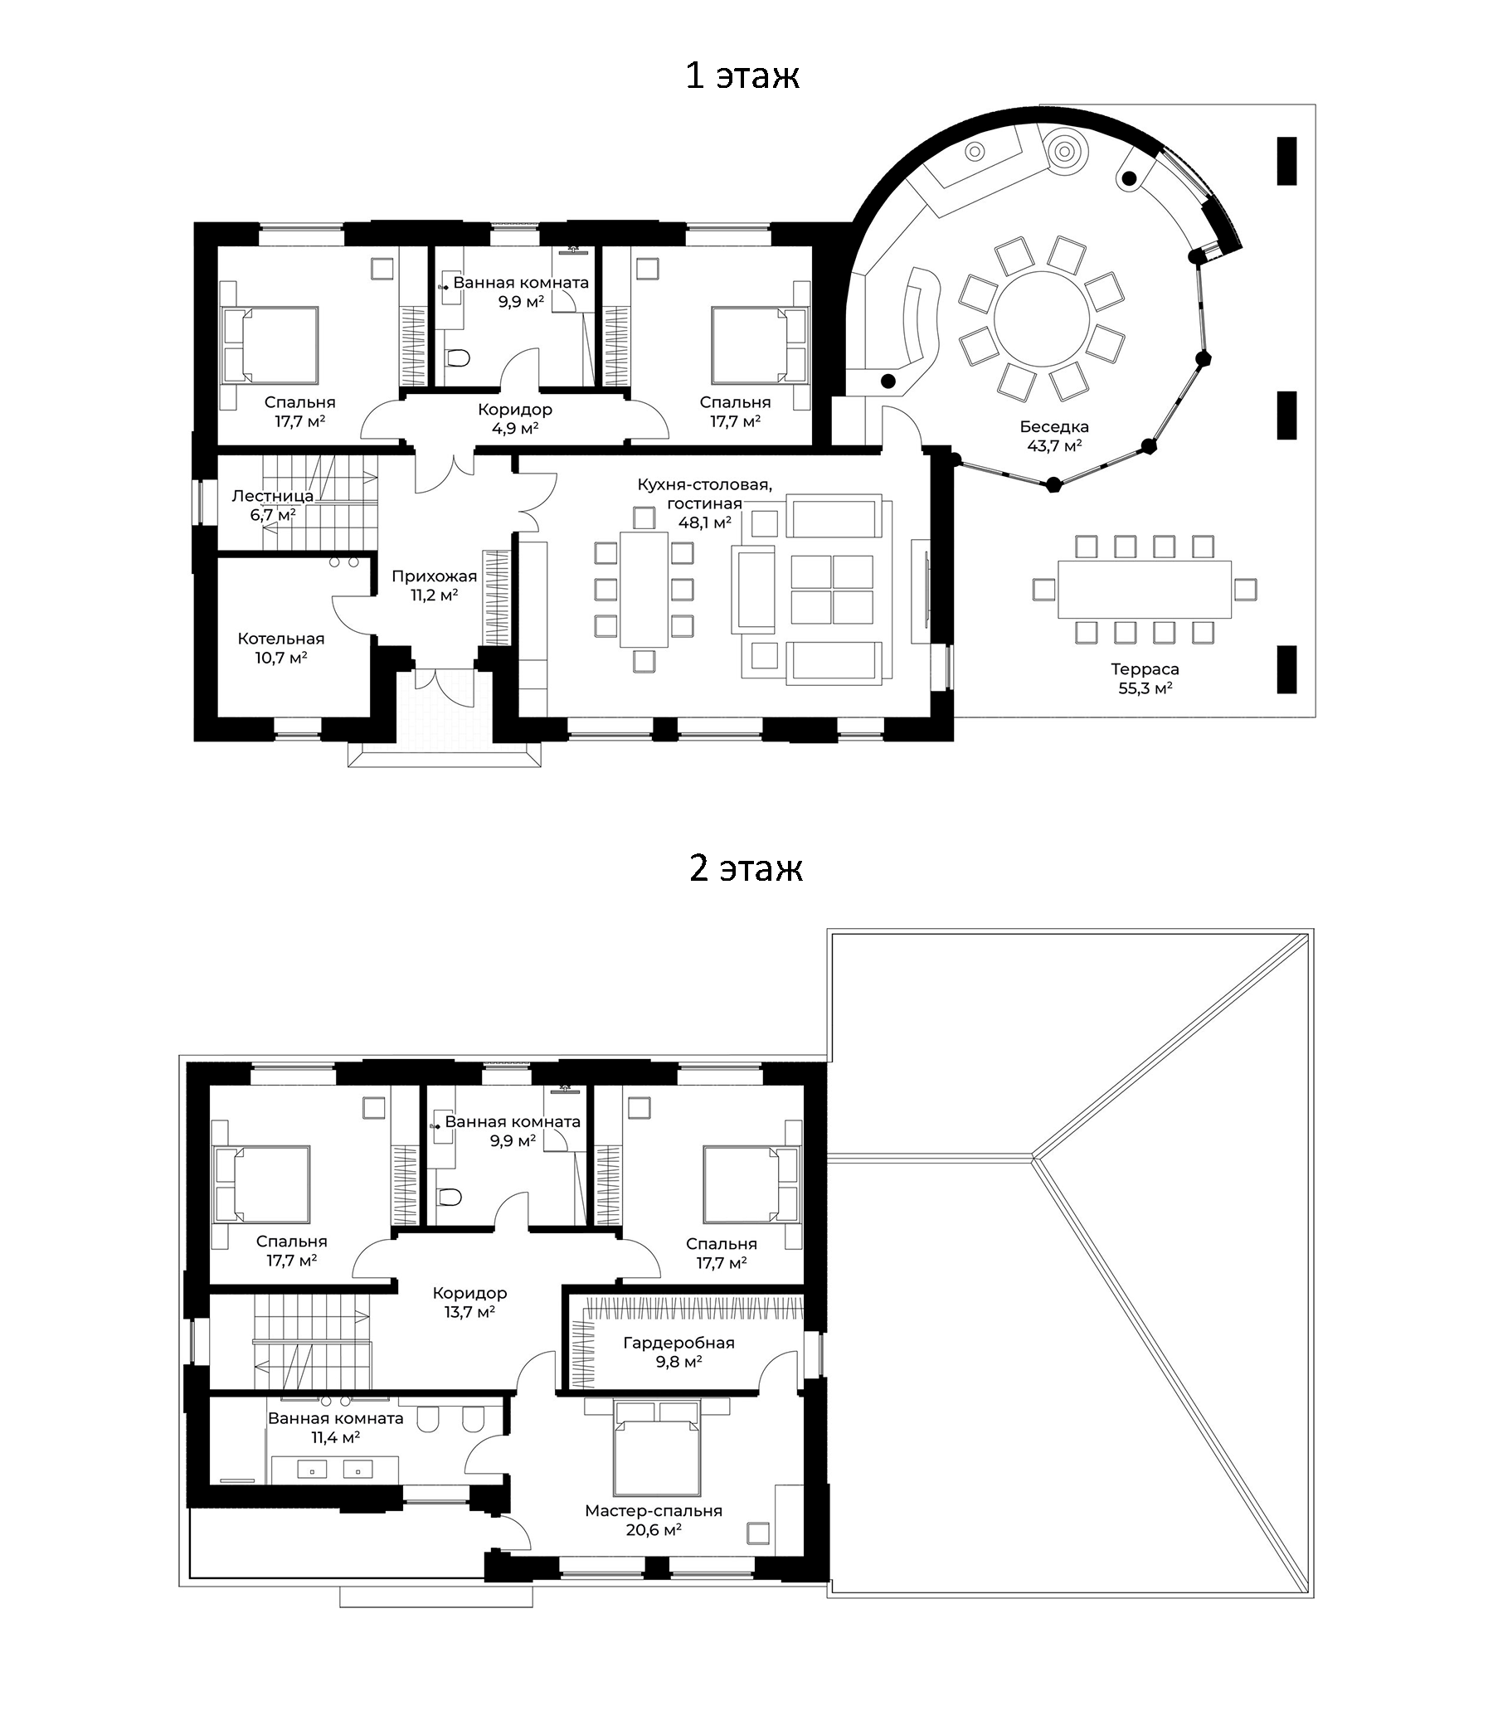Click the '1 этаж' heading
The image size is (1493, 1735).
[742, 75]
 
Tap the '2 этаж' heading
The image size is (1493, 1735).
[745, 868]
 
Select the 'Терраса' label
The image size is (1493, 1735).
[1145, 669]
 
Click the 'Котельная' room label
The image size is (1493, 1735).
[280, 639]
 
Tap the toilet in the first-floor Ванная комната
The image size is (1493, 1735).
[458, 358]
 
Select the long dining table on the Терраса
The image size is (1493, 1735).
[1144, 589]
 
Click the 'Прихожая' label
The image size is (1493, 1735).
[434, 576]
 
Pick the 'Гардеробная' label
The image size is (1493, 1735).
[678, 1343]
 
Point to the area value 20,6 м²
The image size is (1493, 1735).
[653, 1530]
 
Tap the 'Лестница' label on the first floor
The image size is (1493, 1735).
[272, 496]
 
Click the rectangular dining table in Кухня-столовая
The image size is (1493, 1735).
[644, 589]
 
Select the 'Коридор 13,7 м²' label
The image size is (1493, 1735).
[469, 1302]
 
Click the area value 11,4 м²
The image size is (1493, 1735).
[335, 1438]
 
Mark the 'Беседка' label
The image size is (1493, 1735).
[1054, 427]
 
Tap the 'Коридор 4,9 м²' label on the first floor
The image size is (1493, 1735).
[515, 419]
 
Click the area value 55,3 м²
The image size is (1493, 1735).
[1145, 688]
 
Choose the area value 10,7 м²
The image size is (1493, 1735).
[280, 659]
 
